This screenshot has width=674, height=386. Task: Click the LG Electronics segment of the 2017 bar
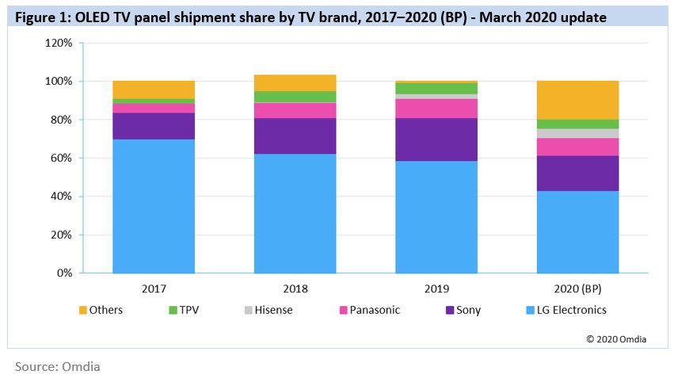pyautogui.click(x=154, y=206)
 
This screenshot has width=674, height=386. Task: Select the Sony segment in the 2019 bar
pyautogui.click(x=436, y=139)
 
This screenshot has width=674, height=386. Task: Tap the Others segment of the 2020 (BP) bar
pyautogui.click(x=577, y=100)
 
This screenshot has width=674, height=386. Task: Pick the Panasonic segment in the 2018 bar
pyautogui.click(x=295, y=110)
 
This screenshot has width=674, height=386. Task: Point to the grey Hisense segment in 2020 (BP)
pyautogui.click(x=577, y=133)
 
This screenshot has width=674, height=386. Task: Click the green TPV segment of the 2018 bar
pyautogui.click(x=295, y=97)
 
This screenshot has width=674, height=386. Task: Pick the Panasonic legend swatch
pyautogui.click(x=344, y=310)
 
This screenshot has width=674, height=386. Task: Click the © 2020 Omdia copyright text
pyautogui.click(x=617, y=338)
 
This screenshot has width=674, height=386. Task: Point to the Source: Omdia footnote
pyautogui.click(x=58, y=367)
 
